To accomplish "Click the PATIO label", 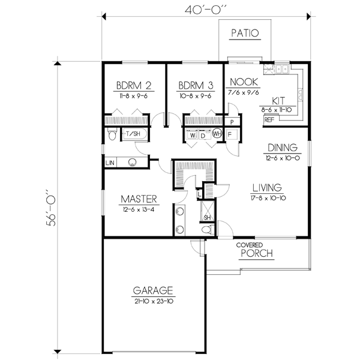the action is pyautogui.click(x=245, y=33).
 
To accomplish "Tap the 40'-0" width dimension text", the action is pyautogui.click(x=206, y=10).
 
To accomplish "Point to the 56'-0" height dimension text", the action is pyautogui.click(x=51, y=208).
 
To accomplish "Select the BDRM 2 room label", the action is pyautogui.click(x=134, y=85).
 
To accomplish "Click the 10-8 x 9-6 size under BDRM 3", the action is pyautogui.click(x=196, y=96).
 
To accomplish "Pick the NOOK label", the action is pyautogui.click(x=244, y=82).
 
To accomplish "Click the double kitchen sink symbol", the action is pyautogui.click(x=282, y=68).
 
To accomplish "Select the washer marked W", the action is pyautogui.click(x=193, y=135).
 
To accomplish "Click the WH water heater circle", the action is pyautogui.click(x=217, y=133).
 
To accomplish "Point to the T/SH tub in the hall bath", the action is pyautogui.click(x=134, y=134).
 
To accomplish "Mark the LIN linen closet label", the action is pyautogui.click(x=110, y=163).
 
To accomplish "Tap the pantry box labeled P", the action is pyautogui.click(x=232, y=121).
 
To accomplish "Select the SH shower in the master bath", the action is pyautogui.click(x=208, y=211).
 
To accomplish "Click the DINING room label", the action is pyautogui.click(x=283, y=148).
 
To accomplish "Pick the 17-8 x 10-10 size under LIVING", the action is pyautogui.click(x=268, y=198).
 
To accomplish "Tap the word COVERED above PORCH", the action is pyautogui.click(x=250, y=245).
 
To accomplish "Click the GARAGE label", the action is pyautogui.click(x=153, y=290).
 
